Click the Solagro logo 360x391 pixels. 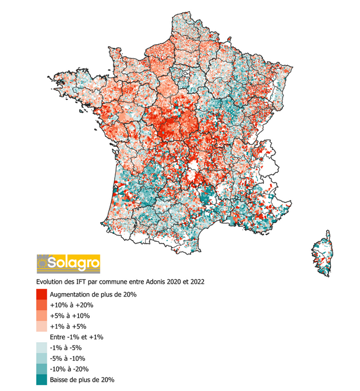point(68,263)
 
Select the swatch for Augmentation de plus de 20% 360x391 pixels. point(42,294)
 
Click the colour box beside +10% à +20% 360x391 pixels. point(42,305)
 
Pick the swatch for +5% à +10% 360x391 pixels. point(42,315)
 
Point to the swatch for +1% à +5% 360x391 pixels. point(42,326)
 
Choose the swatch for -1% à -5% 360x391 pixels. point(42,348)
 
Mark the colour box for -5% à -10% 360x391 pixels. point(42,358)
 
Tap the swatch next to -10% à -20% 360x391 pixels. point(42,369)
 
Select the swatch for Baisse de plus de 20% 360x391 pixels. point(42,379)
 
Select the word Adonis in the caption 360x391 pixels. point(153,281)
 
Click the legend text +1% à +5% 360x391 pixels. point(68,326)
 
